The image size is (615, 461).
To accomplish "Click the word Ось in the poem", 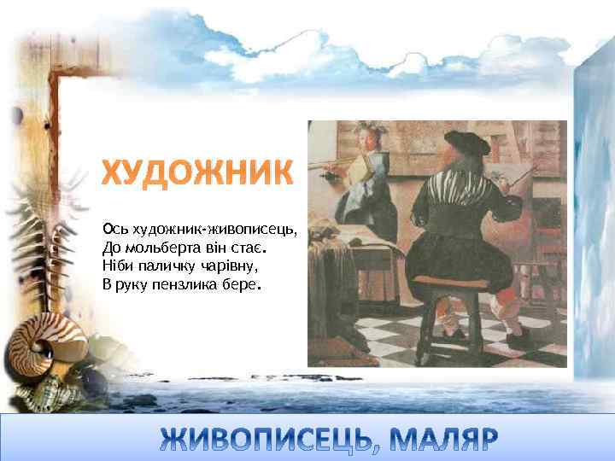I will pos(114,229).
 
